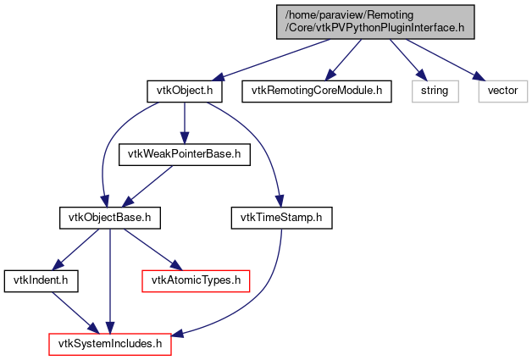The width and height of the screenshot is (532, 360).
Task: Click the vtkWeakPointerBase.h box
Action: pos(185,153)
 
